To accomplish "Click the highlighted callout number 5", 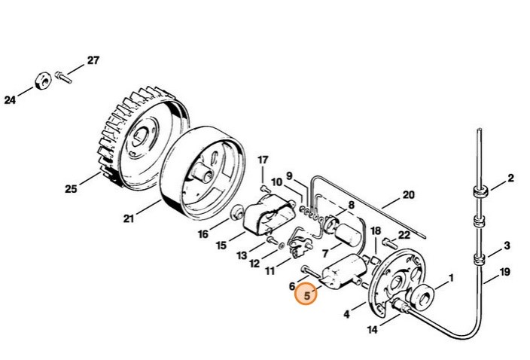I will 307,296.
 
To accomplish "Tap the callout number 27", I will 93,61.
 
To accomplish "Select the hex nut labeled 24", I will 43,78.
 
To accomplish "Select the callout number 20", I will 408,195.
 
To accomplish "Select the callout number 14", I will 372,329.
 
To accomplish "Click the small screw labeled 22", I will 387,243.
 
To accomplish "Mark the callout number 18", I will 376,229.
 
